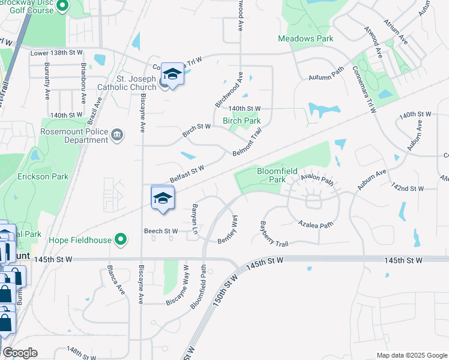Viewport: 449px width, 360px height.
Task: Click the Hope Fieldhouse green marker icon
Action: [121, 240]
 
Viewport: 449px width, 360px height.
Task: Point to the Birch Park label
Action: [241, 121]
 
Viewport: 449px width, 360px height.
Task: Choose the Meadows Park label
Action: [306, 38]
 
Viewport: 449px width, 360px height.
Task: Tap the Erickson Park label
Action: [43, 176]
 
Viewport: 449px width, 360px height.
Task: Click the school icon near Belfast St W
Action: [163, 198]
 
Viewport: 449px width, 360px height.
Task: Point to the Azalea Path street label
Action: [316, 224]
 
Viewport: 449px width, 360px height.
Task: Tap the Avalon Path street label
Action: [316, 178]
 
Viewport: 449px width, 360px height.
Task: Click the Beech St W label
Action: [160, 231]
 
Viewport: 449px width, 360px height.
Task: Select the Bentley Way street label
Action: [229, 230]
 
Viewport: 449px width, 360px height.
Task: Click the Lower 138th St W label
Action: [56, 53]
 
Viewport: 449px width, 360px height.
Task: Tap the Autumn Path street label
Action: [326, 77]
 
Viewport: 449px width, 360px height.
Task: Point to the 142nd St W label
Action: [408, 188]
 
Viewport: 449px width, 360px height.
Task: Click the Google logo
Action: [20, 353]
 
